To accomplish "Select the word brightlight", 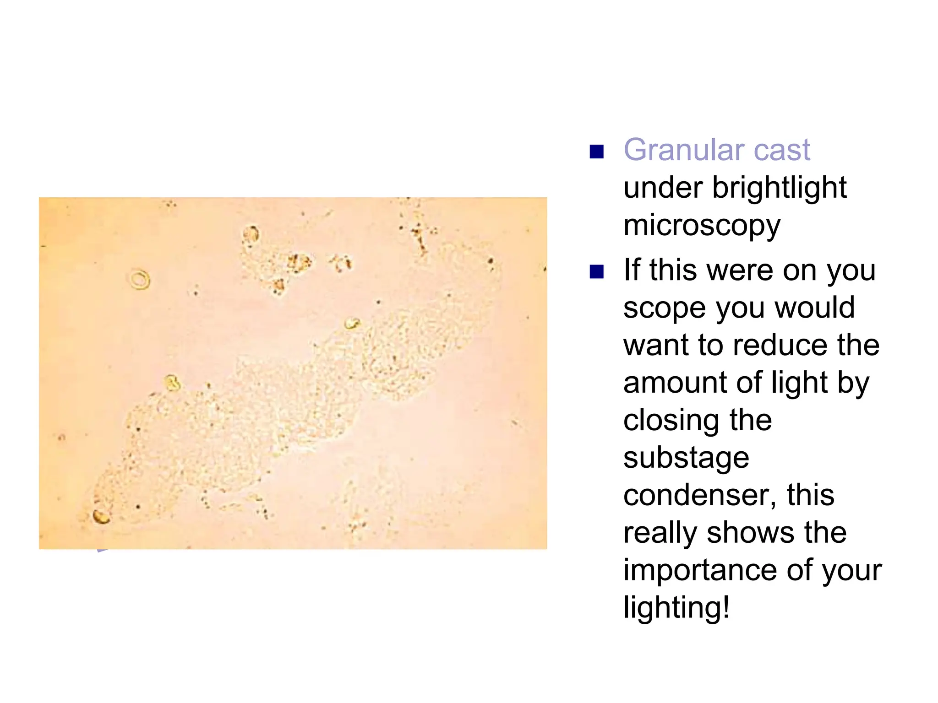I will coord(779,188).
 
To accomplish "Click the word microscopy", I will coord(702,226).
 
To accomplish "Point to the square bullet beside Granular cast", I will coord(596,151).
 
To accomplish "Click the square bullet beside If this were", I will coord(596,271).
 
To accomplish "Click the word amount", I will coord(676,383).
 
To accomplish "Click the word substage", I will coord(686,458).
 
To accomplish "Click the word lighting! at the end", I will coord(676,608).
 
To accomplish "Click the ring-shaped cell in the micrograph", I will coord(140,279).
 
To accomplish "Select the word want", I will coord(656,345).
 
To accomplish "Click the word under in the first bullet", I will coord(663,188).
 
